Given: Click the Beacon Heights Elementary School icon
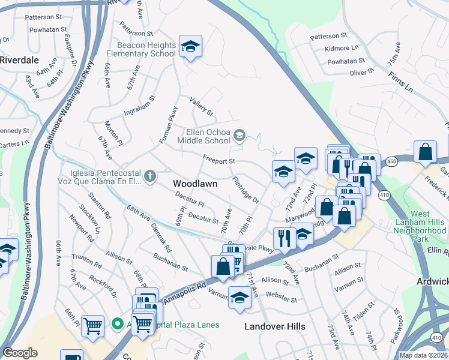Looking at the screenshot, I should pos(190,47).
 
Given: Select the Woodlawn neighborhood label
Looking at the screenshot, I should pos(194,182).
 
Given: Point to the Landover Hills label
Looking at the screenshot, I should pos(275,326).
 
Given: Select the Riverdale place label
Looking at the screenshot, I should pos(19,60).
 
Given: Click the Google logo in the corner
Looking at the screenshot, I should pos(20,353).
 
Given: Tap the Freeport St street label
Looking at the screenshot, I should pos(218,161).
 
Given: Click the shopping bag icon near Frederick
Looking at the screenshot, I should pos(425,153).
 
